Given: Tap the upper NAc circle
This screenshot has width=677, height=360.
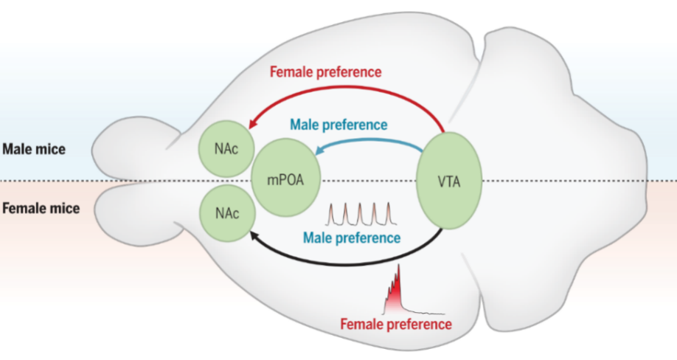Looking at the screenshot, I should pyautogui.click(x=225, y=148).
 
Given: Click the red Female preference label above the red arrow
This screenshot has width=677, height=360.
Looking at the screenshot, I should pyautogui.click(x=325, y=72).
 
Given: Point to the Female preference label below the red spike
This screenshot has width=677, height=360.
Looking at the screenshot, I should pyautogui.click(x=396, y=323).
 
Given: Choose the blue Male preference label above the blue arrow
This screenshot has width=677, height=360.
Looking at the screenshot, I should pyautogui.click(x=338, y=124).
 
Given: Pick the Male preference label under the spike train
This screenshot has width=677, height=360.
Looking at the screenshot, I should pyautogui.click(x=353, y=238).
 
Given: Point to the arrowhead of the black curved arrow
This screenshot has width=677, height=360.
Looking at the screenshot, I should pyautogui.click(x=253, y=235).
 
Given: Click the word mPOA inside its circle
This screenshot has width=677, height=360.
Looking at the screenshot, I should pyautogui.click(x=284, y=180).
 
